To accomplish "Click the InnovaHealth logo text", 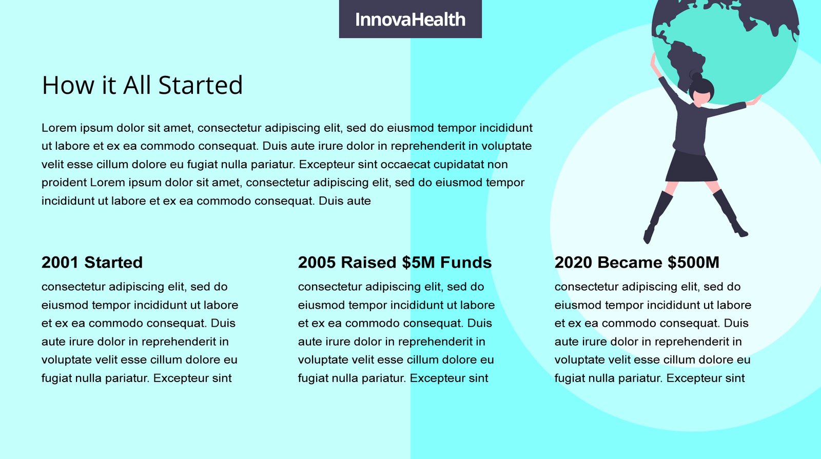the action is click(410, 19).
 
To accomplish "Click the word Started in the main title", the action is click(201, 85).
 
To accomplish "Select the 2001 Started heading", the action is click(92, 262).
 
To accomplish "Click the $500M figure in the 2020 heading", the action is click(693, 262).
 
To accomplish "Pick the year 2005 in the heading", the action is click(317, 262).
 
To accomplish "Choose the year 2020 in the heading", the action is click(573, 262).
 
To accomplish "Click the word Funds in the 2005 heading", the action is click(466, 262).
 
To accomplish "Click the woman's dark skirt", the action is click(691, 167).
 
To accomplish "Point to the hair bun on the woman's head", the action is click(696, 77).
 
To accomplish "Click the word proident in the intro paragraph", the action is click(64, 183).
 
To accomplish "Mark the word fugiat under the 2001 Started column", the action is click(57, 378).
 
